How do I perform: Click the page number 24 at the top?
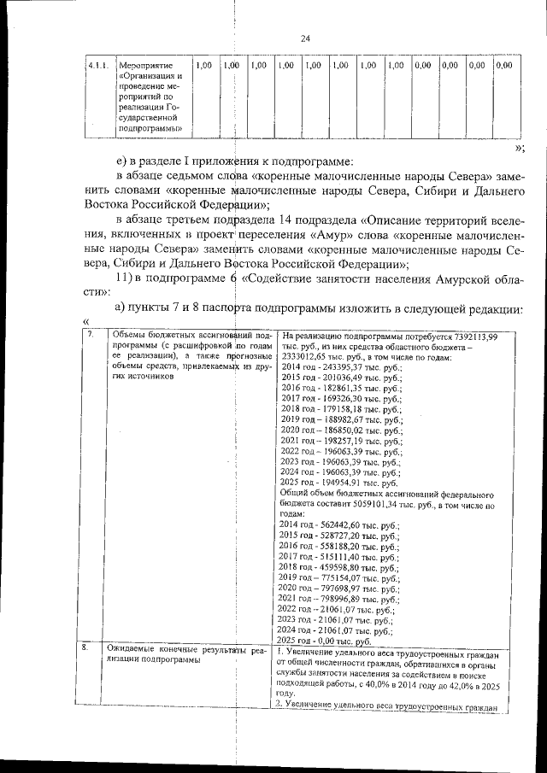coord(305,38)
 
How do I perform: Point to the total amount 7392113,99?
coord(472,337)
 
